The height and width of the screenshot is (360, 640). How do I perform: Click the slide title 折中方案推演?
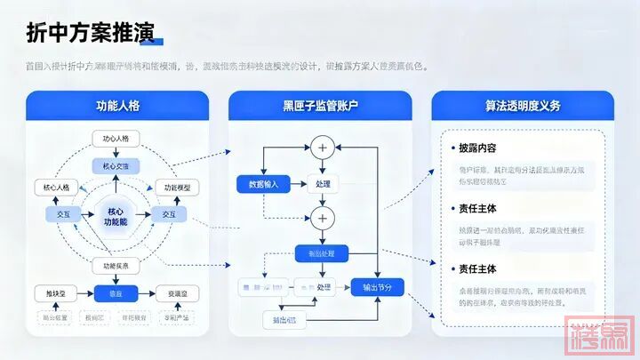point(89,33)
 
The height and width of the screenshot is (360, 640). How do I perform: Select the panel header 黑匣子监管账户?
point(319,106)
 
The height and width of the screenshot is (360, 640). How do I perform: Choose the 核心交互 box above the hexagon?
point(116,166)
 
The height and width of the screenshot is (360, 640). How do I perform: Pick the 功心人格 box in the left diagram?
point(116,140)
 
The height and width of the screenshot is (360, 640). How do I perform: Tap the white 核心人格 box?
point(56,188)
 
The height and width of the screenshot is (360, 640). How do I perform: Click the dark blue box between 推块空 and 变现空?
point(116,293)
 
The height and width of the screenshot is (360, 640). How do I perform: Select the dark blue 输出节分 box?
point(377,287)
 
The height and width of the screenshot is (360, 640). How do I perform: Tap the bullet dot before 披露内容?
point(450,148)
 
